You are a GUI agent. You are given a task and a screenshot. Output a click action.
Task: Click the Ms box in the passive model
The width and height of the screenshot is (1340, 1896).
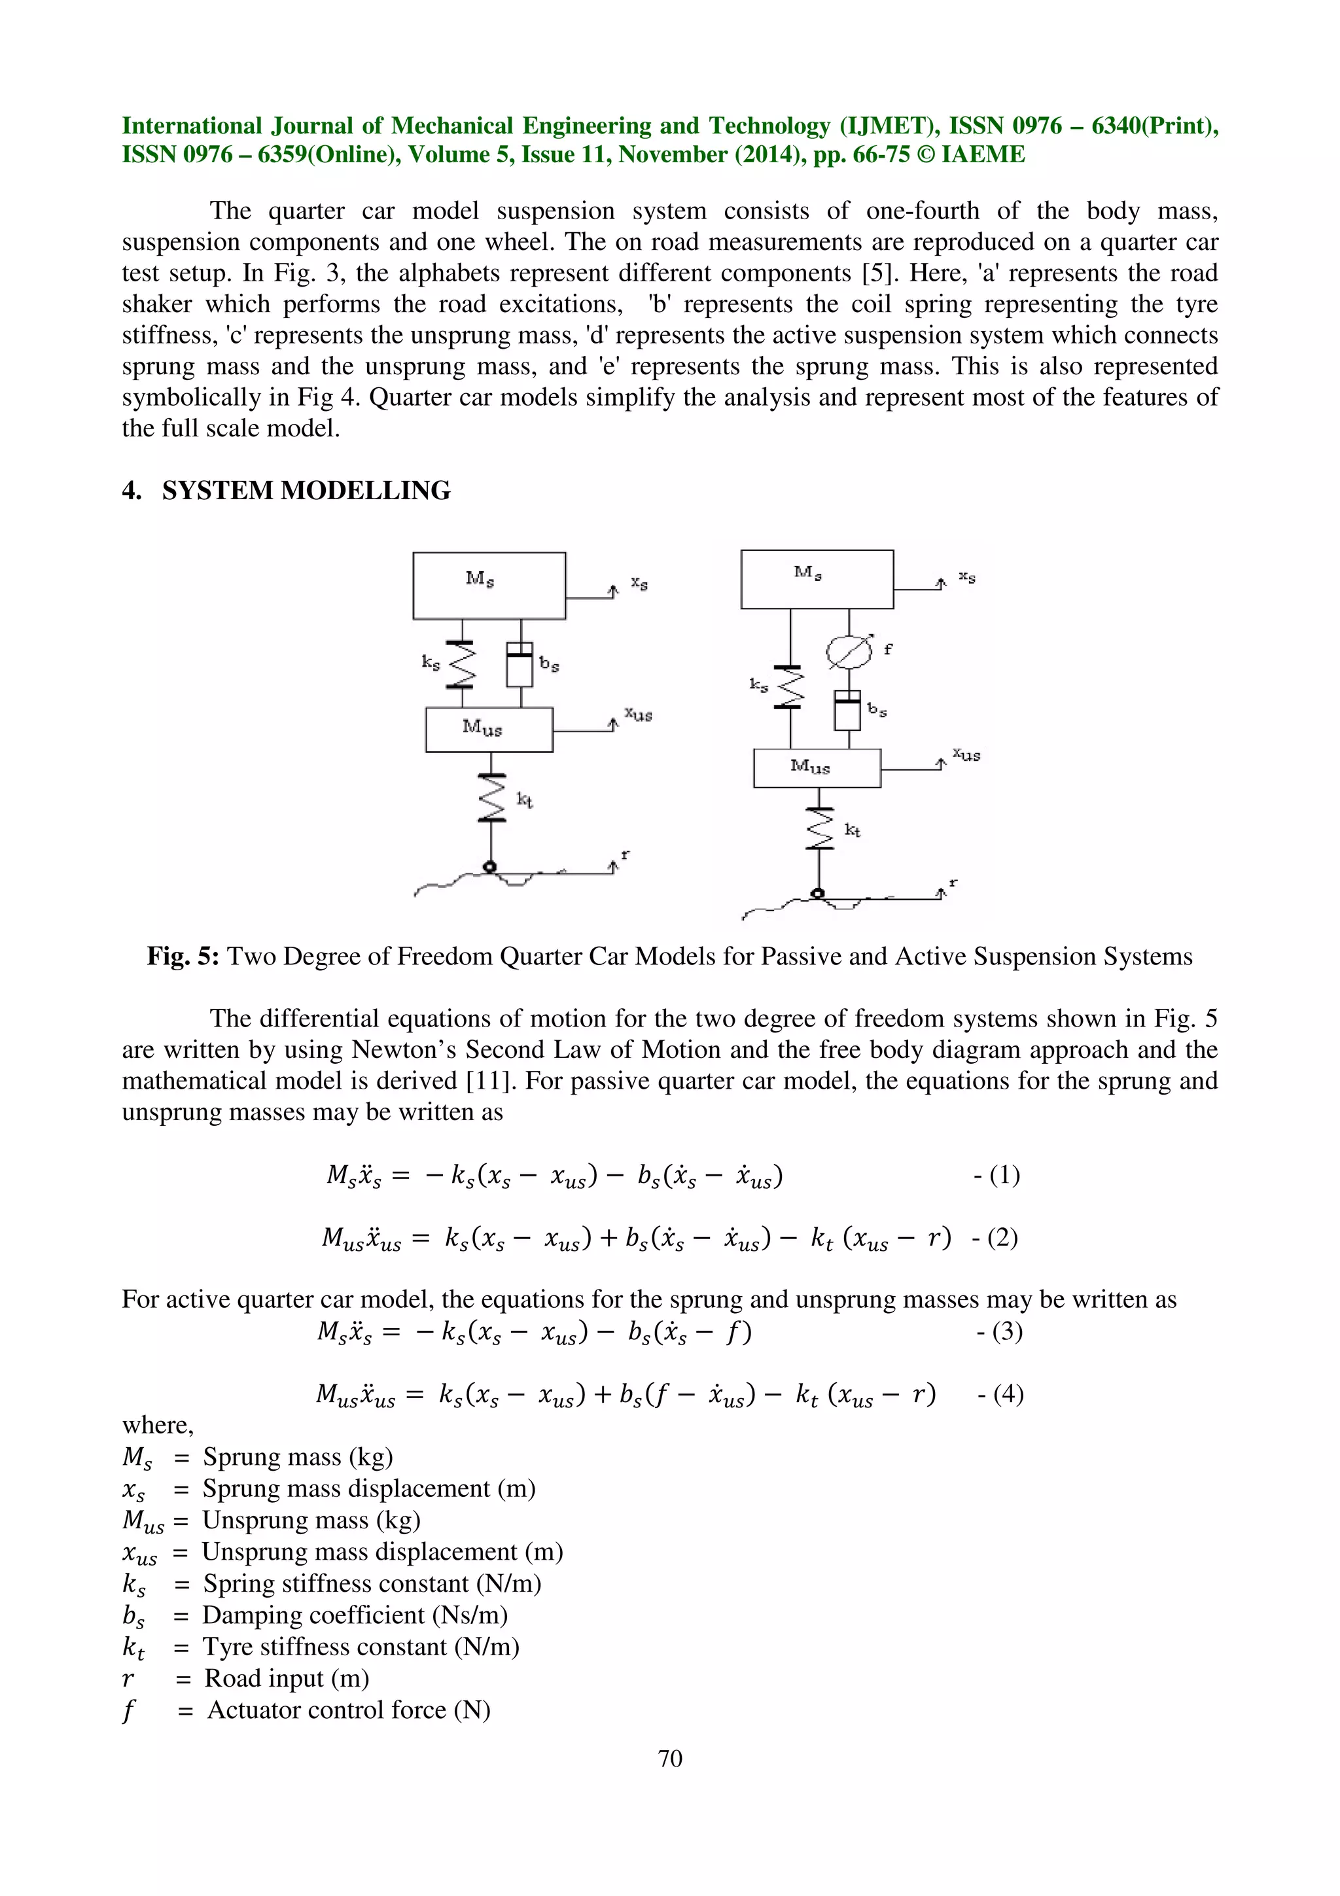pyautogui.click(x=489, y=586)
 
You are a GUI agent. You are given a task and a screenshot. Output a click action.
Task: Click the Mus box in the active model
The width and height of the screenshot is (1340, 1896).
pyautogui.click(x=817, y=768)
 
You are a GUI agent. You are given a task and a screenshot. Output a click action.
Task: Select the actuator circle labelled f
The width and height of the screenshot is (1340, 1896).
pyautogui.click(x=849, y=652)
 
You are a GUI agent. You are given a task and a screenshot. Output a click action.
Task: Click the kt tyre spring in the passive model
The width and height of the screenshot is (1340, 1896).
pyautogui.click(x=491, y=798)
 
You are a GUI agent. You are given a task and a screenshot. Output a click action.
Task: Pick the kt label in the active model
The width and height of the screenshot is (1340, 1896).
pyautogui.click(x=852, y=830)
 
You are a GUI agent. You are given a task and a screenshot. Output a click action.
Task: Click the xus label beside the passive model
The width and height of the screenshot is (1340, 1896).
pyautogui.click(x=638, y=714)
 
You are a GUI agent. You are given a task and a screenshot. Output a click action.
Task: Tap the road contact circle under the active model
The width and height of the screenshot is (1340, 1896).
pyautogui.click(x=817, y=894)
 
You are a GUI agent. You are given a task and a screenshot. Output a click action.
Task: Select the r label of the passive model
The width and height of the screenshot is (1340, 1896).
pyautogui.click(x=625, y=854)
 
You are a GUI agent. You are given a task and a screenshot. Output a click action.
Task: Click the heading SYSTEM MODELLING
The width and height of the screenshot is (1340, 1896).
pyautogui.click(x=306, y=491)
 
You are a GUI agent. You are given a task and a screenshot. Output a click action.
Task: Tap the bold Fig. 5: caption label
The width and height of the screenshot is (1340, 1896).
pyautogui.click(x=183, y=957)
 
